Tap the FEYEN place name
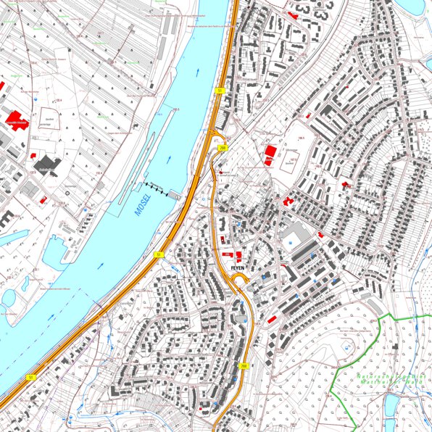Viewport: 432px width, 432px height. click(x=239, y=267)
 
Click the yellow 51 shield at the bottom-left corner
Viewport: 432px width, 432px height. click(x=30, y=378)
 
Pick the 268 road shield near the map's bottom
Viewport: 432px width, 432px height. click(x=244, y=366)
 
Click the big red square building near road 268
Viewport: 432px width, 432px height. click(x=270, y=151)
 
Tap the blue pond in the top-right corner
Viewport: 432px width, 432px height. click(x=411, y=7)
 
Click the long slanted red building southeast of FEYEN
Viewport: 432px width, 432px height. click(x=273, y=318)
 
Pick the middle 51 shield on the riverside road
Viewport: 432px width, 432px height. click(x=158, y=255)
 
